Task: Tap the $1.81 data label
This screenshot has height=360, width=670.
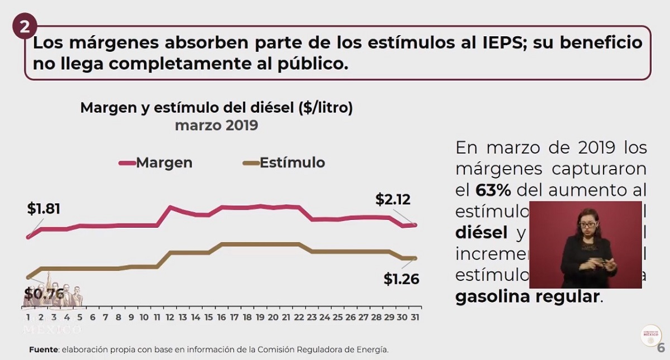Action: point(44,209)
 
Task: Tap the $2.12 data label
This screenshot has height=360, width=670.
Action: point(393,199)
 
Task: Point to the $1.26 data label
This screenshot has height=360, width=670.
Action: point(401,279)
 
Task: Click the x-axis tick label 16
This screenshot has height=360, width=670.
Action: point(222,317)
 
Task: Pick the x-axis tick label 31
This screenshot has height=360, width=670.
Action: point(414,317)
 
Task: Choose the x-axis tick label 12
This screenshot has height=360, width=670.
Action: point(170,317)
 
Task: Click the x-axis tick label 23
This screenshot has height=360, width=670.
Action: point(312,317)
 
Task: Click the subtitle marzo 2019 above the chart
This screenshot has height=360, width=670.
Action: point(216,125)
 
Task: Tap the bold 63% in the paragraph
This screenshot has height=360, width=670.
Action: point(493,190)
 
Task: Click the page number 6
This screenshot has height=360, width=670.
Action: point(661,348)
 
